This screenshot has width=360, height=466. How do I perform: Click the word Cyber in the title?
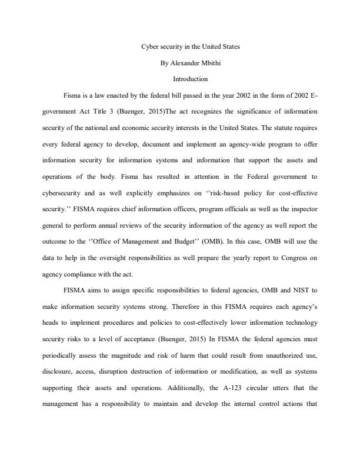tap(150, 46)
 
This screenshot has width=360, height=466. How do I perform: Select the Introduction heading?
tap(190, 78)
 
